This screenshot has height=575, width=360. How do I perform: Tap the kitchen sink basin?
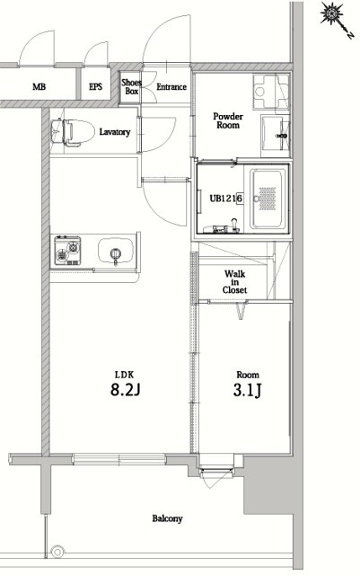pyautogui.click(x=116, y=252)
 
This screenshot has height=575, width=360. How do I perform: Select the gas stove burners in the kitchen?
pyautogui.click(x=68, y=251)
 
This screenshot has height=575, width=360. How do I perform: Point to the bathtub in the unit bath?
pyautogui.click(x=268, y=199)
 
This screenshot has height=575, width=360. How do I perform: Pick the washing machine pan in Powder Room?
pyautogui.click(x=271, y=91)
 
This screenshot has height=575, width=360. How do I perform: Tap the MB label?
pyautogui.click(x=40, y=87)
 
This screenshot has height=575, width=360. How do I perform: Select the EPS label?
pyautogui.click(x=96, y=87)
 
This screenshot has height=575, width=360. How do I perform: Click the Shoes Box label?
pyautogui.click(x=131, y=87)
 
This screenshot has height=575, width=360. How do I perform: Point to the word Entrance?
pyautogui.click(x=171, y=87)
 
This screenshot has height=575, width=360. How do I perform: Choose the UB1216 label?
pyautogui.click(x=226, y=199)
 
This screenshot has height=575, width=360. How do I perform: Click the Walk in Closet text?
pyautogui.click(x=234, y=281)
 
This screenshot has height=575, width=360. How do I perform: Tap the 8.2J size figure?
pyautogui.click(x=125, y=390)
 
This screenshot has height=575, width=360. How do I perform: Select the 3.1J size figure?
pyautogui.click(x=248, y=390)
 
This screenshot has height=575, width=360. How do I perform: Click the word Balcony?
pyautogui.click(x=167, y=518)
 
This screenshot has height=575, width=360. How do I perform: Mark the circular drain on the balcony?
pyautogui.click(x=57, y=551)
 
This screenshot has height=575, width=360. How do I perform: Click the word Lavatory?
pyautogui.click(x=115, y=132)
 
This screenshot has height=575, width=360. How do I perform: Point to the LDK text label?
pyautogui.click(x=125, y=375)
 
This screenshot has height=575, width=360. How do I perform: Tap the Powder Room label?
pyautogui.click(x=228, y=120)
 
